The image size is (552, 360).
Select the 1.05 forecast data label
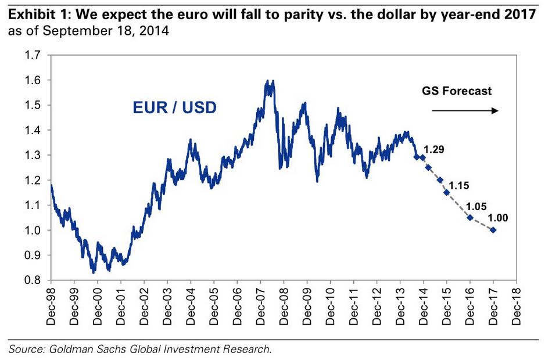point(476,206)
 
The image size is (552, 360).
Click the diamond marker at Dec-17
point(493,230)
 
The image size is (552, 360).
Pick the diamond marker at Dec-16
point(470,218)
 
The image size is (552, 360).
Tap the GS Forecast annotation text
point(457,91)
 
